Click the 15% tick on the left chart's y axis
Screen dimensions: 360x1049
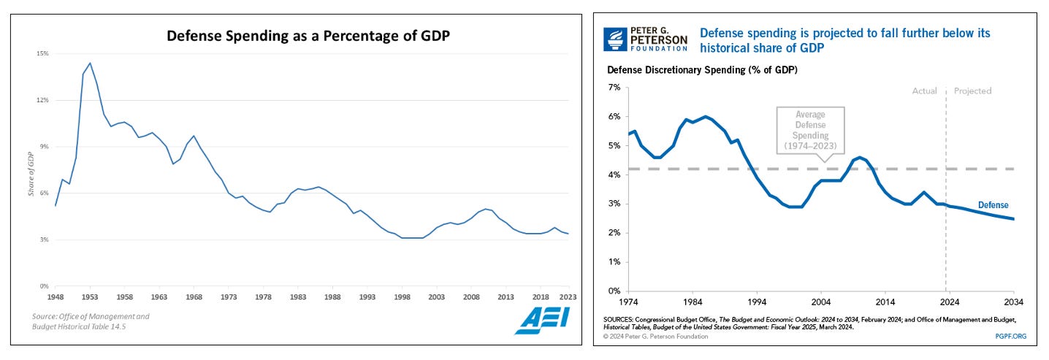(43, 54)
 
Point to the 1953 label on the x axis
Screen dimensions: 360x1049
(90, 297)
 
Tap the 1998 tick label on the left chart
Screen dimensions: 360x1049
(401, 297)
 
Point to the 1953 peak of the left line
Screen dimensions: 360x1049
(90, 63)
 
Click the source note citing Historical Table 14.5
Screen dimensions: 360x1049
(91, 321)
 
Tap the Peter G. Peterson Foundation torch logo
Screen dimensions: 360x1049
(615, 39)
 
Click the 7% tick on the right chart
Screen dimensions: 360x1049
(614, 88)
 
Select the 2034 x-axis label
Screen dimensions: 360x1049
(1014, 302)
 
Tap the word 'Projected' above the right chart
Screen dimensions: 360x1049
(973, 91)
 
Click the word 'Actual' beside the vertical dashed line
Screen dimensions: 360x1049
(924, 91)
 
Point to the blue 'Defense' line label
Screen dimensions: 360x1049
(993, 205)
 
